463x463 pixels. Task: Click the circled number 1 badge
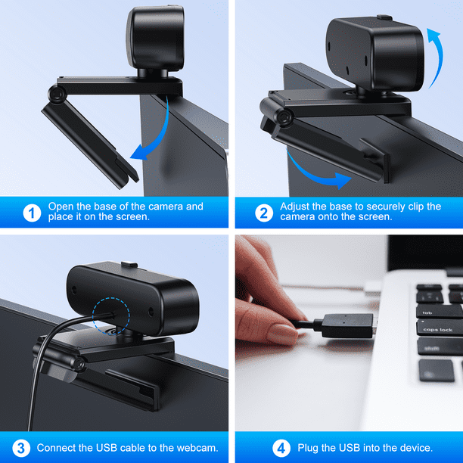point(32,213)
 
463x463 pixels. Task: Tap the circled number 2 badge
point(264,213)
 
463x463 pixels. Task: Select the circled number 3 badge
point(21,448)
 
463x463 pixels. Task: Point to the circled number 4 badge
point(281,448)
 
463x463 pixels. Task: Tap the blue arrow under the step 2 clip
point(316,174)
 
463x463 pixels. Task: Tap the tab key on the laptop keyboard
point(439,312)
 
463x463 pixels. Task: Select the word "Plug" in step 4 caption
point(308,448)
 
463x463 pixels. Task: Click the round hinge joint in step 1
point(57,94)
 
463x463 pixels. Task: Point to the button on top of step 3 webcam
point(129,264)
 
